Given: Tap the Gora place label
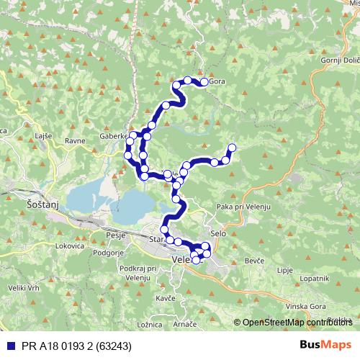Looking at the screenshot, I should [x=218, y=82].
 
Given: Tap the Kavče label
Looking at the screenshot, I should [x=165, y=297].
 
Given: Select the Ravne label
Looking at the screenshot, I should [x=75, y=141].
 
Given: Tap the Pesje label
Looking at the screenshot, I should [x=115, y=235].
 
